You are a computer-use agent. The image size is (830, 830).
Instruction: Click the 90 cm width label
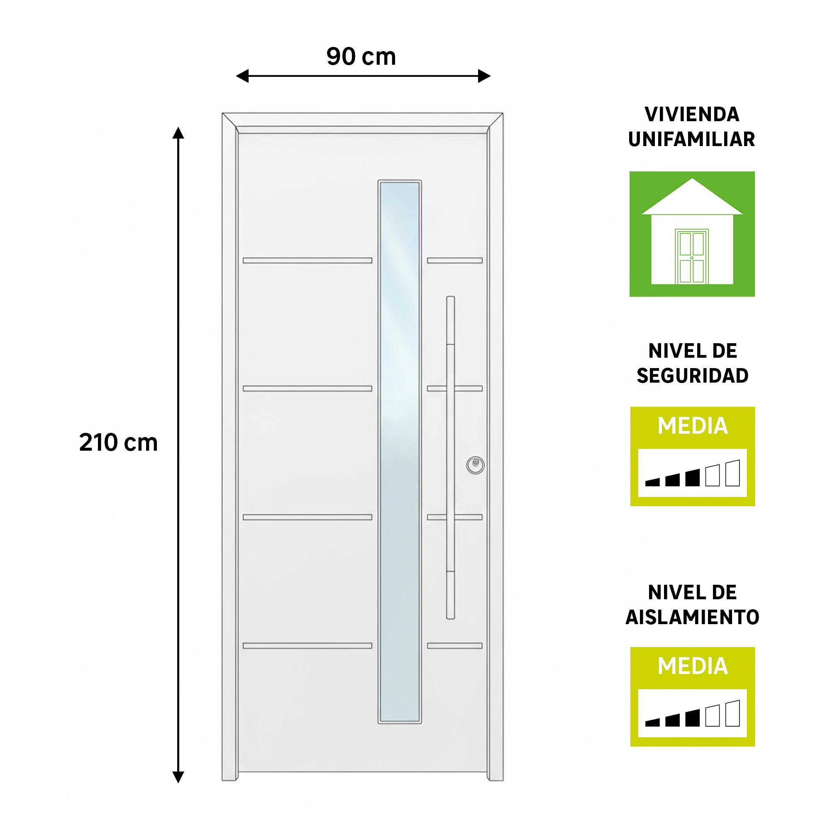click(361, 56)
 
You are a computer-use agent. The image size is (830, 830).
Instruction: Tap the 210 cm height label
click(119, 442)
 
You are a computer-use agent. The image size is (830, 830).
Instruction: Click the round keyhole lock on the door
click(475, 465)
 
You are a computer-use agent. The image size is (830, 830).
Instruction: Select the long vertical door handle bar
click(450, 457)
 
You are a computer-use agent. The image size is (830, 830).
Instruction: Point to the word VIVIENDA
click(692, 114)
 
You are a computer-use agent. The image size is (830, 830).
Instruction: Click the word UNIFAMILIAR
click(692, 139)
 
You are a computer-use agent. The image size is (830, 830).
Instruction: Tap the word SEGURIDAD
click(693, 376)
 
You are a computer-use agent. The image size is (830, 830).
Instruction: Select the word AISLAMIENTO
click(692, 618)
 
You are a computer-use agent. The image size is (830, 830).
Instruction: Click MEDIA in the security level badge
click(693, 426)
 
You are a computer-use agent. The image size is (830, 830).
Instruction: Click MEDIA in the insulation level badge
click(693, 666)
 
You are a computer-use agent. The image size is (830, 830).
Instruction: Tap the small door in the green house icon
click(692, 256)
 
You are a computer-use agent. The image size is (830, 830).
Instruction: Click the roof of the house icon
click(692, 196)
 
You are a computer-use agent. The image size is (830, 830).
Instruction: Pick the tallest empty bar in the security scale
click(732, 473)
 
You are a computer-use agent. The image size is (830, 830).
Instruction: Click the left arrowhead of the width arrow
click(242, 76)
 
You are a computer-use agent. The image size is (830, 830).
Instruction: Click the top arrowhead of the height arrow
click(178, 133)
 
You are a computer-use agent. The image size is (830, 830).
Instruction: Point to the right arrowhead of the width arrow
click(484, 76)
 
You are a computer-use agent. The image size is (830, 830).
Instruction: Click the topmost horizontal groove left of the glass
click(307, 260)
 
